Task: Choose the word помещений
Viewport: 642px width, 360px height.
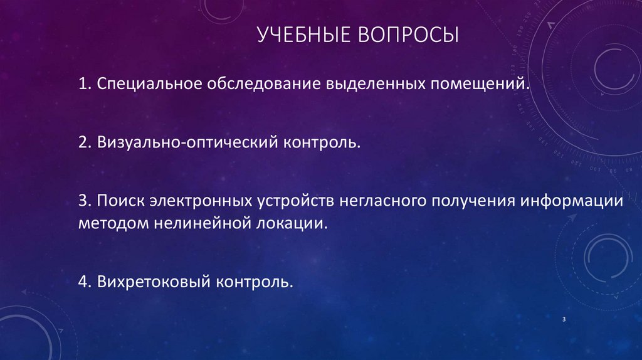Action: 480,84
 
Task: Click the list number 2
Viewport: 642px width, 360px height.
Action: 84,144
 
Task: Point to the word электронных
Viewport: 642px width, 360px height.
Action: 201,203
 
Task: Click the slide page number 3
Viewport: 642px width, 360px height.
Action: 564,320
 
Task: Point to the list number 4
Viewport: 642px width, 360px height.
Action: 84,282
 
